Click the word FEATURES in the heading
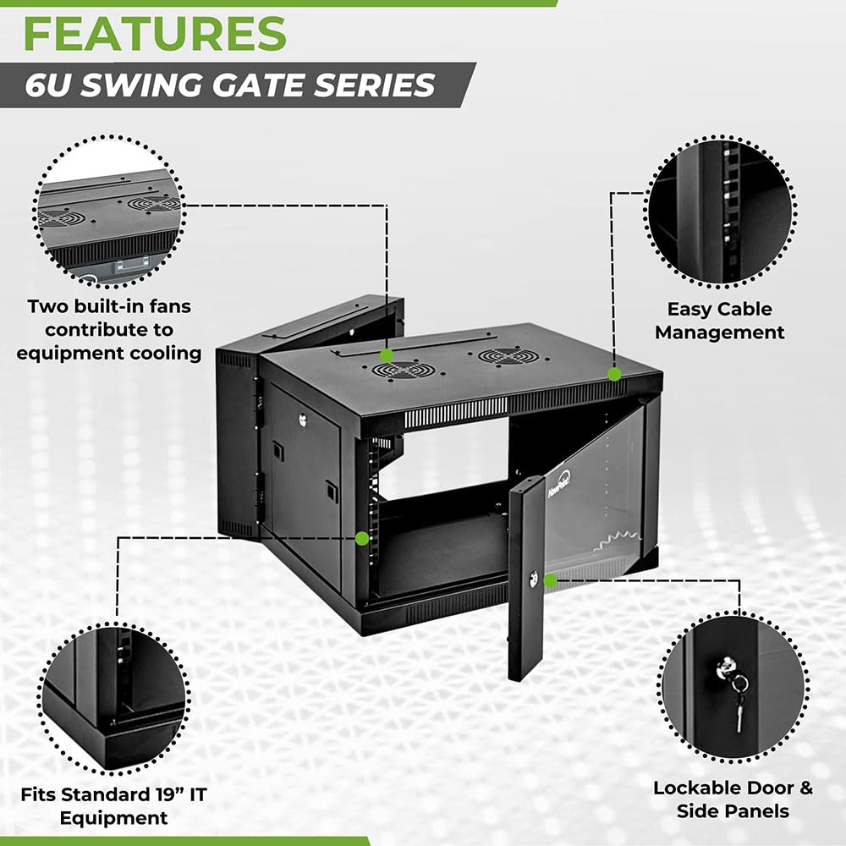click(x=154, y=34)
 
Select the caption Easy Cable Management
click(x=719, y=321)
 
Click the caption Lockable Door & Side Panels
click(x=733, y=799)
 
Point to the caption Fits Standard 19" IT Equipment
click(x=114, y=805)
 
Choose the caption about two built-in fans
click(x=109, y=329)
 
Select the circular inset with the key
click(x=733, y=688)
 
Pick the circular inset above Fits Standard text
click(x=114, y=695)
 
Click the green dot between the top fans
click(x=387, y=355)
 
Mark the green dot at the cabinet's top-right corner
click(x=615, y=373)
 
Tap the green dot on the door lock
click(x=551, y=580)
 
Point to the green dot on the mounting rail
click(x=362, y=537)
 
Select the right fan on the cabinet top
click(x=507, y=355)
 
